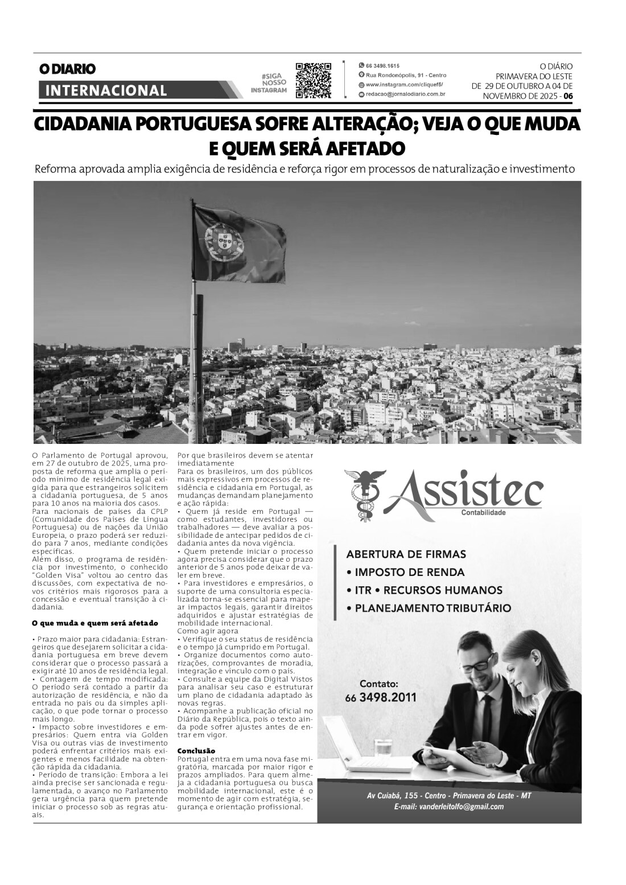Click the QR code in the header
click(313, 80)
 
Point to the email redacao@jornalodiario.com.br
click(405, 94)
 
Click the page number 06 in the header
click(568, 96)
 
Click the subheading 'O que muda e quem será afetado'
click(94, 623)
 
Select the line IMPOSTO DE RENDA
click(405, 572)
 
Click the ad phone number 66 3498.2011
click(380, 697)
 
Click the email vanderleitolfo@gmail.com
click(448, 806)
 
